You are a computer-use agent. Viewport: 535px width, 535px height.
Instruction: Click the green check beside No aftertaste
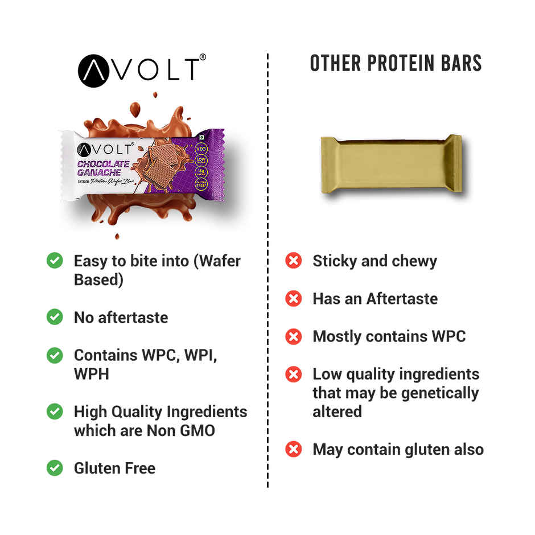coord(55,317)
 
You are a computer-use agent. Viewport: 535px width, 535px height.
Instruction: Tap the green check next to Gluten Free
coord(55,468)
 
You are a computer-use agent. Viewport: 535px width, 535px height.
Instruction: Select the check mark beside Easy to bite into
coord(55,261)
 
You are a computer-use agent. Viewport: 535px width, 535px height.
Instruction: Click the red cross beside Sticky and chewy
coord(293,261)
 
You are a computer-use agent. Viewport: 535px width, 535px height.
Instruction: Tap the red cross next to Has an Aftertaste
coord(293,299)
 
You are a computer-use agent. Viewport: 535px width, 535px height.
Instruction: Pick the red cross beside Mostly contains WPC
coord(293,336)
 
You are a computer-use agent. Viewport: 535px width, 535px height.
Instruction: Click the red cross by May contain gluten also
coord(293,450)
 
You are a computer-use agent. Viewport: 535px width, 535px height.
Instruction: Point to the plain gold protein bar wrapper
coord(391,164)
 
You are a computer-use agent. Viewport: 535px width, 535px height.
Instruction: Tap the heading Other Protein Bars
coord(396,64)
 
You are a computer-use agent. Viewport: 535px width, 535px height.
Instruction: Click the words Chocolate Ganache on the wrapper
coord(104,168)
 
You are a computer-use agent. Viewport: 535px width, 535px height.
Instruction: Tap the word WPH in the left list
coord(91,374)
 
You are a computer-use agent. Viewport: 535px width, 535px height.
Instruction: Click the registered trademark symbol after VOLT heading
coord(203,57)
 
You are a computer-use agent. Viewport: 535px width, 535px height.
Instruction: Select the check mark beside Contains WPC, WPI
coord(55,356)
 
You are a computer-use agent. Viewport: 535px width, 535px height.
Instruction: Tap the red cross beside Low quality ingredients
coord(293,374)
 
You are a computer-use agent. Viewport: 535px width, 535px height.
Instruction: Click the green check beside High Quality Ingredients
coord(55,411)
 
